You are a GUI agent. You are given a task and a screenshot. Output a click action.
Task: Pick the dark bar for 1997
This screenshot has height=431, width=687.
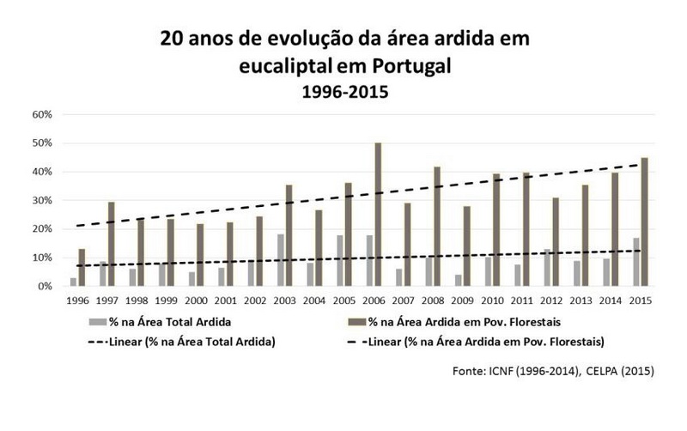(112, 244)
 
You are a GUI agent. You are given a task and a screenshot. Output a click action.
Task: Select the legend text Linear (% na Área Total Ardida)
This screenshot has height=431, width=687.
(207, 342)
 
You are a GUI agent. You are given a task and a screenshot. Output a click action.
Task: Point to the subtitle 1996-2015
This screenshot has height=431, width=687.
(343, 90)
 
